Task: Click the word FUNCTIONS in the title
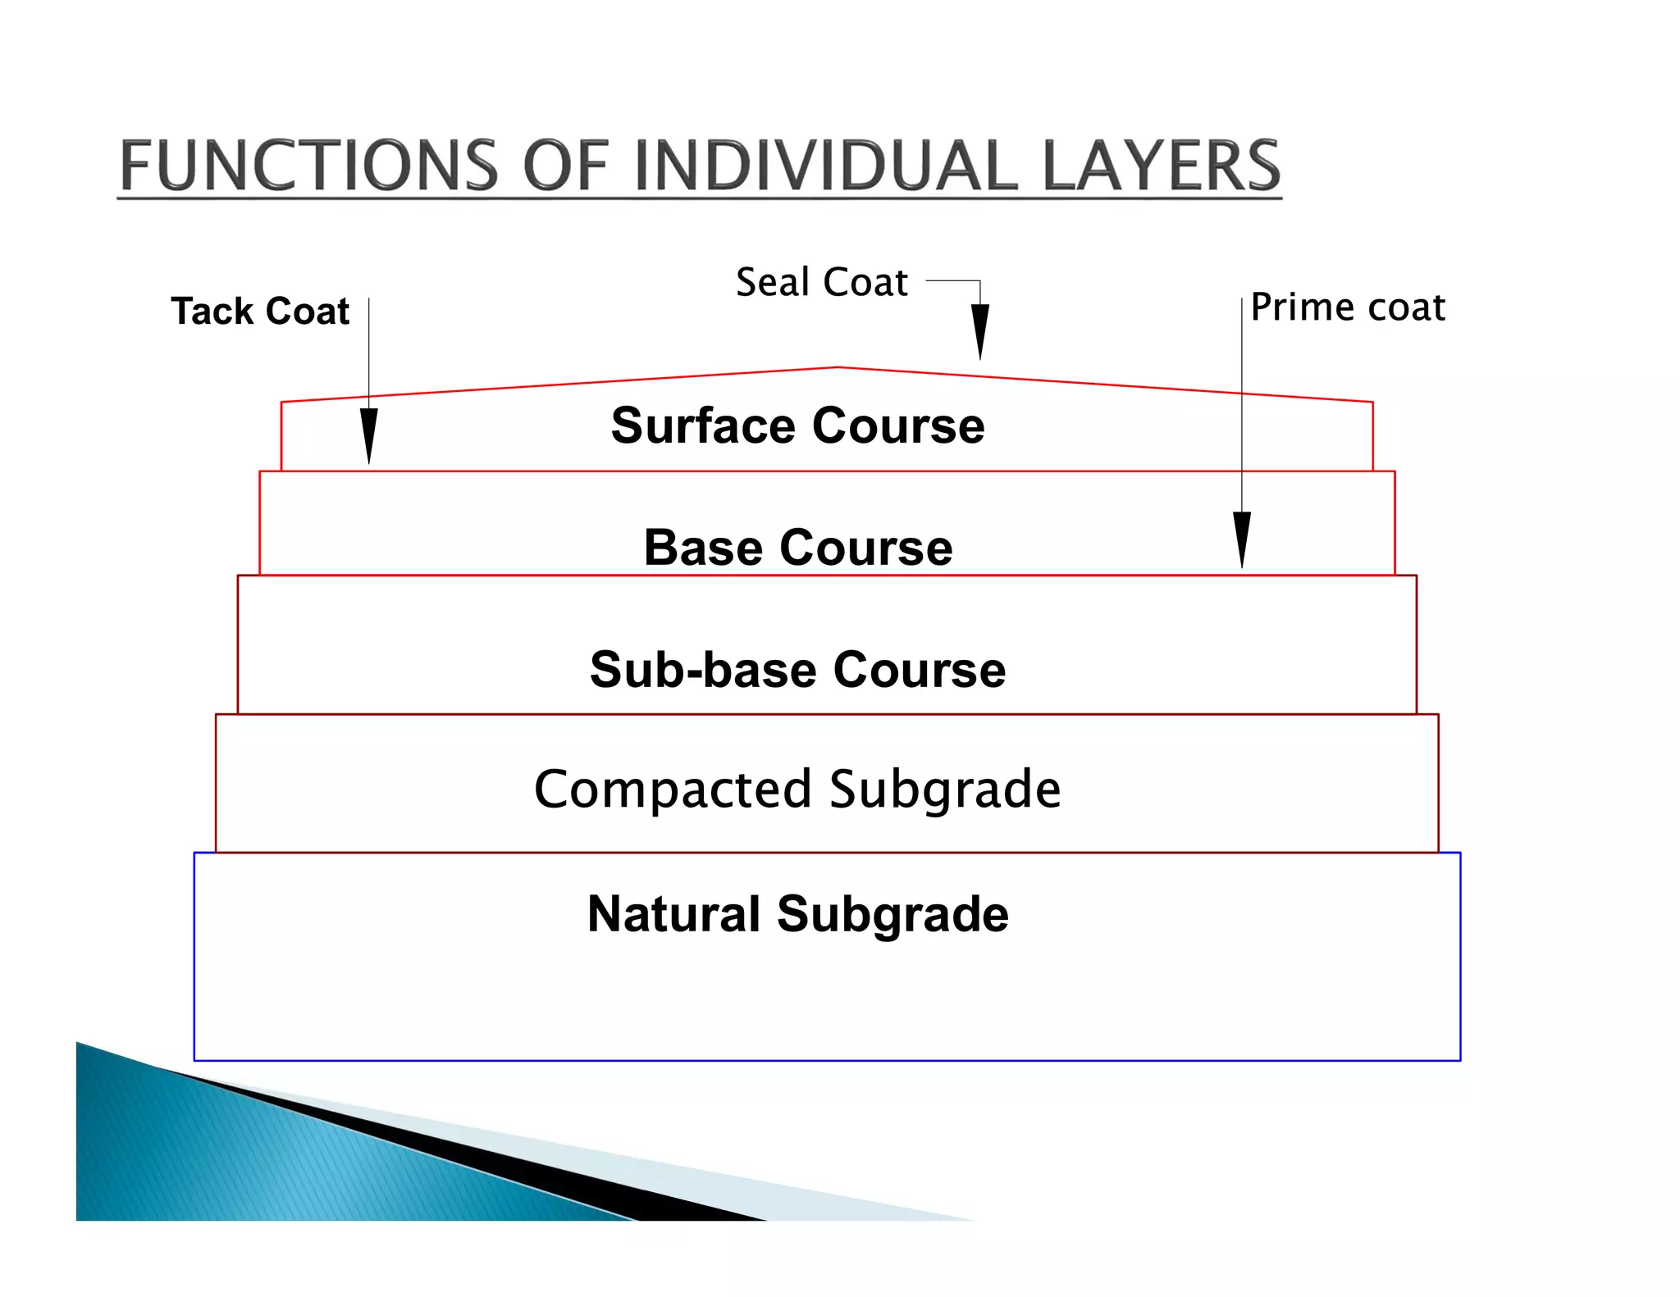(x=308, y=166)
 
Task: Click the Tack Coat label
(x=260, y=312)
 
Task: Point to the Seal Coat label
(x=821, y=282)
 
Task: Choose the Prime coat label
(x=1348, y=307)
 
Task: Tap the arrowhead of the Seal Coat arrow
(x=979, y=331)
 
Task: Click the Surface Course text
(x=797, y=426)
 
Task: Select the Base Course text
(x=797, y=547)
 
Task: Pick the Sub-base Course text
(x=797, y=669)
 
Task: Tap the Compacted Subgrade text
(x=797, y=789)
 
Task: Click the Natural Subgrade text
(x=797, y=913)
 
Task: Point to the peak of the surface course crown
(x=838, y=367)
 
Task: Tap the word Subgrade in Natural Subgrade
(x=892, y=913)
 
